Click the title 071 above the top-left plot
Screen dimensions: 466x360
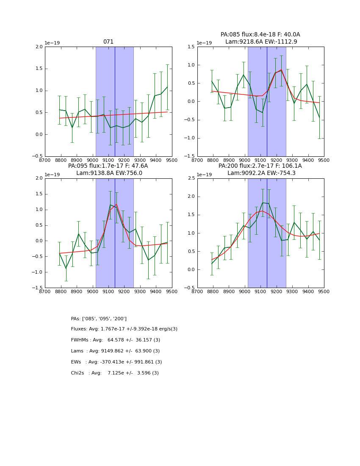point(108,42)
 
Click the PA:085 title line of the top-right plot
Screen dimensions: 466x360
point(260,35)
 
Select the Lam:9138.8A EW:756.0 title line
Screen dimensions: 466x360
point(109,173)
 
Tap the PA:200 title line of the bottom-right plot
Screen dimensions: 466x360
point(260,166)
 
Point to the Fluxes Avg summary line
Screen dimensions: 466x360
point(124,329)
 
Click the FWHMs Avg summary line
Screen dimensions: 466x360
point(115,340)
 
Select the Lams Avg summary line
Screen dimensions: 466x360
point(115,351)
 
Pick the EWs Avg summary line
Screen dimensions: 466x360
point(116,362)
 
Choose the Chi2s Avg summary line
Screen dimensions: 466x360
point(115,373)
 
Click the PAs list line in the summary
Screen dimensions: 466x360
point(99,319)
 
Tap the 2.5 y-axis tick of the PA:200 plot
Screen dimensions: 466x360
point(191,178)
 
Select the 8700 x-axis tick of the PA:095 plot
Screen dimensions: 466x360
point(45,291)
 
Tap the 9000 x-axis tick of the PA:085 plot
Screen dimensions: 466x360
point(245,160)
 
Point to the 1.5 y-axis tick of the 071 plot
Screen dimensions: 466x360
point(39,69)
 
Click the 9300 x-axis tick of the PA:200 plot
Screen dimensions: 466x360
point(292,291)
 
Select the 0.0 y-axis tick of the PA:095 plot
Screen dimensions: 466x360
point(39,241)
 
